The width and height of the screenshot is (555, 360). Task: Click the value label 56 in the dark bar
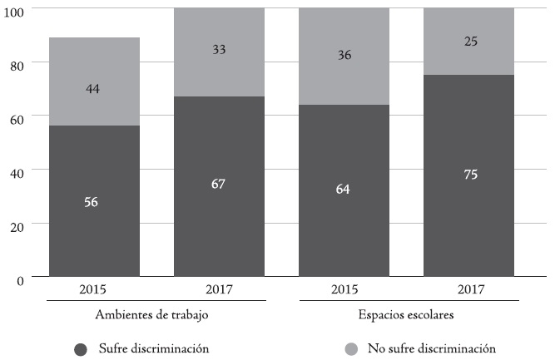(x=92, y=202)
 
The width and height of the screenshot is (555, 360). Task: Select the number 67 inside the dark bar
(x=218, y=184)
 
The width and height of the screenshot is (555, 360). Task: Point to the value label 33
(x=218, y=49)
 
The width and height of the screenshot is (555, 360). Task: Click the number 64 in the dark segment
(x=343, y=190)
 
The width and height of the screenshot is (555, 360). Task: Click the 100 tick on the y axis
(x=16, y=9)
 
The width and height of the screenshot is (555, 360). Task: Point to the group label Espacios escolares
(x=405, y=316)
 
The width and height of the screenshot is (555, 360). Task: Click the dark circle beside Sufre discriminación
(x=81, y=349)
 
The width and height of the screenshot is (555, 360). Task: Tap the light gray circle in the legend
(x=350, y=349)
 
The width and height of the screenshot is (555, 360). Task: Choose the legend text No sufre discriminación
(x=431, y=348)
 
